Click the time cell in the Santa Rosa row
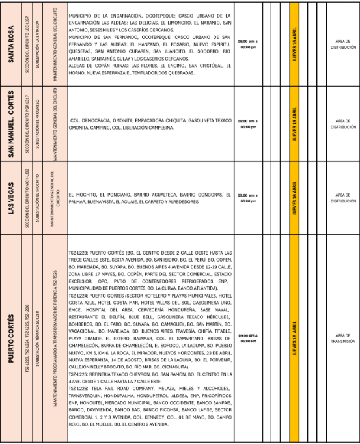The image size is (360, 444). tap(248, 44)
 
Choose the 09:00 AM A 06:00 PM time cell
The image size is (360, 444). tap(248, 339)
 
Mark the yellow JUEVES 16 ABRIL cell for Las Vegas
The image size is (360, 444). tap(294, 198)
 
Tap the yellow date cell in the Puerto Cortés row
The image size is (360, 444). tap(294, 339)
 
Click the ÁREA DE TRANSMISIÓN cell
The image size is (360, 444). tap(342, 339)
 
